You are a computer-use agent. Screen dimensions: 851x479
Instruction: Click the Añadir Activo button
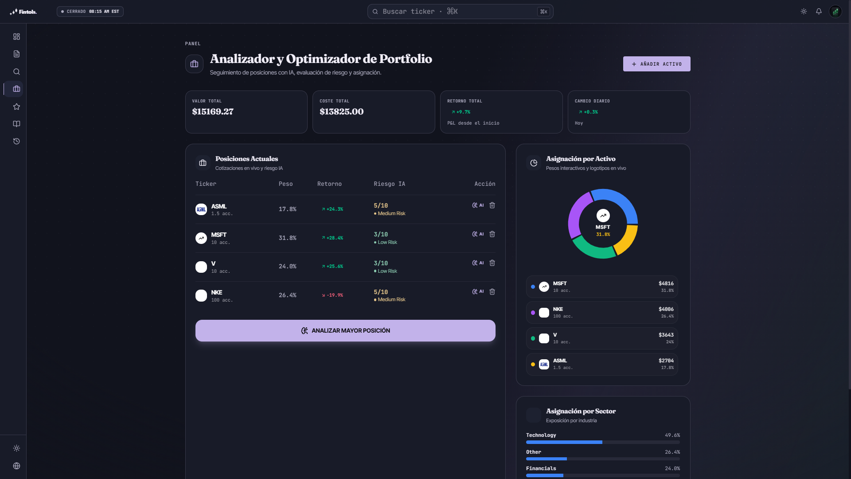tap(656, 64)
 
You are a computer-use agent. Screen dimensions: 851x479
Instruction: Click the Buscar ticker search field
tap(460, 12)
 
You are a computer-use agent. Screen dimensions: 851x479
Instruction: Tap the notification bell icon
tap(819, 12)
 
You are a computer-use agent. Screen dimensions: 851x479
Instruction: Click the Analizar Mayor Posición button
tap(345, 330)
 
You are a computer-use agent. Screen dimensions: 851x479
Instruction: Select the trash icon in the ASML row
tap(492, 205)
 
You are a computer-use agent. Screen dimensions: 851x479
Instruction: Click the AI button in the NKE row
tap(478, 292)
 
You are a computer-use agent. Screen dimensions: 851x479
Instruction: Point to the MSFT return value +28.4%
tap(332, 238)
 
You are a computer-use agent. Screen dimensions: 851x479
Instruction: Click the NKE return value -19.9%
tap(332, 295)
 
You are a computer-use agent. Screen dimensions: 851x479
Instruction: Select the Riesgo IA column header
tap(389, 184)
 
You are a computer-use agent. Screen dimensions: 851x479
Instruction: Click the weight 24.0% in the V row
tap(287, 267)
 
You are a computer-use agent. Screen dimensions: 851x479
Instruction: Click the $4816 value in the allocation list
tap(666, 283)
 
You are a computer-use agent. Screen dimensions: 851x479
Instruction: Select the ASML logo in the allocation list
tap(544, 365)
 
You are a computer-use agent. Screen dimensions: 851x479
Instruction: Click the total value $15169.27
tap(213, 112)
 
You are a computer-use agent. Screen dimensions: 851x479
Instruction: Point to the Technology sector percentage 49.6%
tap(672, 435)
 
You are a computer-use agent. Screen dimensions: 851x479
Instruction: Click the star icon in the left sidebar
tap(16, 106)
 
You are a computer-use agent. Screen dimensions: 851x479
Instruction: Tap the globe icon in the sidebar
tap(16, 466)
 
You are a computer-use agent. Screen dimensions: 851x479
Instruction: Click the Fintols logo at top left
tap(23, 12)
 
